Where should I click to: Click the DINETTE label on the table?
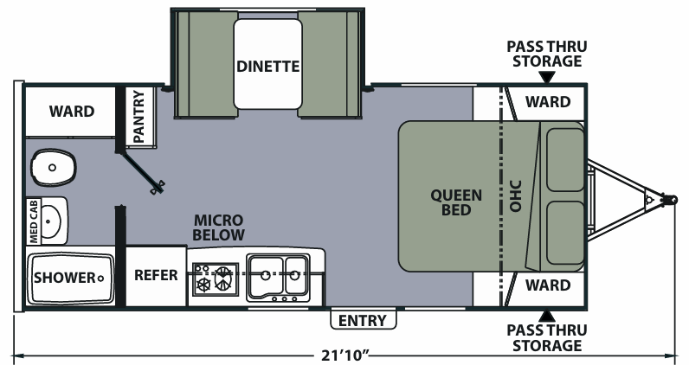pyautogui.click(x=268, y=67)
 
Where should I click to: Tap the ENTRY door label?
pyautogui.click(x=363, y=321)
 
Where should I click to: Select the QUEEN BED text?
pyautogui.click(x=456, y=202)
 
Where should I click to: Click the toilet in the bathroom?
pyautogui.click(x=53, y=167)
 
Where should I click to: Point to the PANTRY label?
pyautogui.click(x=138, y=117)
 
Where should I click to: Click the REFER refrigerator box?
pyautogui.click(x=156, y=276)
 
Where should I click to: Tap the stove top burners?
pyautogui.click(x=216, y=279)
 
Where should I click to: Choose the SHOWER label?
pyautogui.click(x=65, y=278)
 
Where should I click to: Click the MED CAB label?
pyautogui.click(x=34, y=221)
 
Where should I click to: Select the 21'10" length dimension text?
pyautogui.click(x=345, y=355)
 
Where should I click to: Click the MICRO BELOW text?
pyautogui.click(x=218, y=227)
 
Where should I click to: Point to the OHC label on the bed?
pyautogui.click(x=515, y=195)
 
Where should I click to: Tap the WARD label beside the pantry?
pyautogui.click(x=72, y=111)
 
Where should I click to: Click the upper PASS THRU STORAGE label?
pyautogui.click(x=547, y=54)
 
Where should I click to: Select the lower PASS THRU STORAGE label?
pyautogui.click(x=547, y=338)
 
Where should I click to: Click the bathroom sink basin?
pyautogui.click(x=51, y=221)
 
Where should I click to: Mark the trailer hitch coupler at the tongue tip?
pyautogui.click(x=670, y=200)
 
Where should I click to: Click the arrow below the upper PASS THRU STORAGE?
pyautogui.click(x=547, y=78)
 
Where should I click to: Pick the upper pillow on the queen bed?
pyautogui.click(x=565, y=160)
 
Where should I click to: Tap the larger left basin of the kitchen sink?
pyautogui.click(x=265, y=275)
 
